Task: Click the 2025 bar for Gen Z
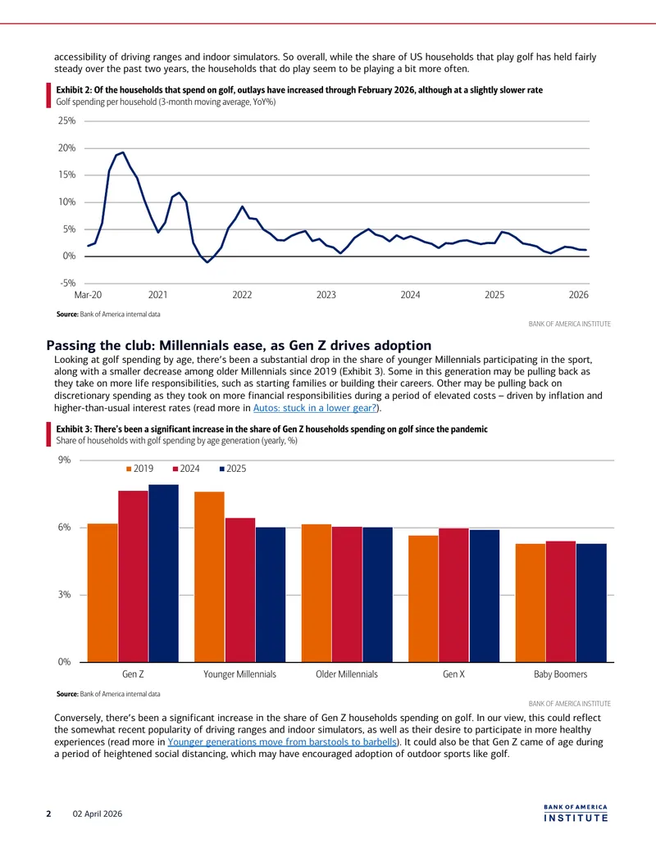[163, 574]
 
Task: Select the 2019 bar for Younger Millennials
[209, 577]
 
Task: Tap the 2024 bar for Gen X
[453, 595]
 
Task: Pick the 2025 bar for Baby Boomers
[591, 603]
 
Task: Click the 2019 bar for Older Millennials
[316, 593]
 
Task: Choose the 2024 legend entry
[186, 469]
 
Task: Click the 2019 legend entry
[139, 469]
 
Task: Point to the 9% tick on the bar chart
[65, 460]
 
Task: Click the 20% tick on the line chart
[67, 148]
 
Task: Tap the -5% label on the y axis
[67, 283]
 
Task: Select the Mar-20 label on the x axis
[88, 295]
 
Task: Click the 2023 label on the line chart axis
[326, 295]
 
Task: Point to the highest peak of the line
[123, 152]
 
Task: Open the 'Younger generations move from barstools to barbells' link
[282, 742]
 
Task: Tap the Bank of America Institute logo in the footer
[576, 814]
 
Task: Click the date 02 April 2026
[98, 814]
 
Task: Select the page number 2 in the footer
[48, 814]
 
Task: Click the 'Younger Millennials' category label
[239, 674]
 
